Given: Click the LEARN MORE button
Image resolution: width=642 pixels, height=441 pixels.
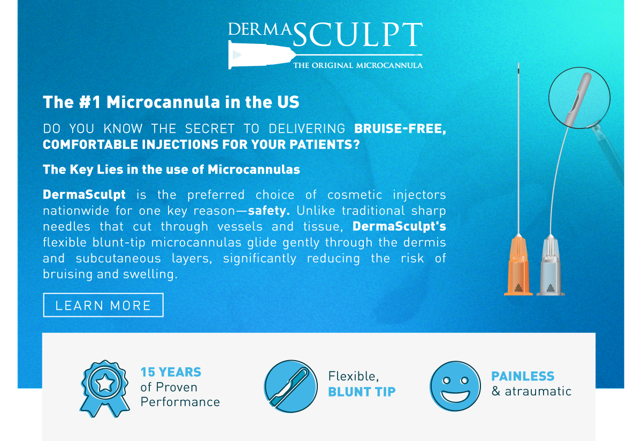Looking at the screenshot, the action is pos(103,305).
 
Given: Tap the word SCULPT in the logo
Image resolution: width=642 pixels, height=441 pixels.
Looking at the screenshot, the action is pos(358,35).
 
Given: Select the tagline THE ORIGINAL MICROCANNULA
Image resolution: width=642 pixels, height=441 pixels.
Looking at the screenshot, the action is pos(358,65).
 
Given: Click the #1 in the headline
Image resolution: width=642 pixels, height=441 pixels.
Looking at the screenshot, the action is pos(90,102).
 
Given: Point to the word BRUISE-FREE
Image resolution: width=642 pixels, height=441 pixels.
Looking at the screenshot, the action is pos(400,128).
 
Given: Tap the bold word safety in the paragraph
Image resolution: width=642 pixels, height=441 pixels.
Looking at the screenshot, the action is pos(269,211).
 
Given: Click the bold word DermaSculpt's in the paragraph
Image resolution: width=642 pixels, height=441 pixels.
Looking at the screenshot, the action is pos(399,226).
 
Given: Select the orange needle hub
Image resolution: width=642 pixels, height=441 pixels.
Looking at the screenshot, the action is pos(518,265).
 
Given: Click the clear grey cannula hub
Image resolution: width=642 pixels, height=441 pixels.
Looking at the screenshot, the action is pos(551,265).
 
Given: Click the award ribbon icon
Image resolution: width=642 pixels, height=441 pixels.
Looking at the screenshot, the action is pos(104,389).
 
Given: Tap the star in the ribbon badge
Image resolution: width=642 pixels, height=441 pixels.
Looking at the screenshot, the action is pos(105,383).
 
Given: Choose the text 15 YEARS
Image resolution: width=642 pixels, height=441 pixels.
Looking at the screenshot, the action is pos(171,372).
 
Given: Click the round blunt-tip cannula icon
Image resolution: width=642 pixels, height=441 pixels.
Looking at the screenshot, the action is pos(291,386).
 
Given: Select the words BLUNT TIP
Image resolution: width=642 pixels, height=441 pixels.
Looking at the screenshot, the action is pos(362,392).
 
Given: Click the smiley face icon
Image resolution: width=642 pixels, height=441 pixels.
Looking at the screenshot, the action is pos(455,386).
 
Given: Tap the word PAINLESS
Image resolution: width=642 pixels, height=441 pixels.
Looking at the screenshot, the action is pos(523,376).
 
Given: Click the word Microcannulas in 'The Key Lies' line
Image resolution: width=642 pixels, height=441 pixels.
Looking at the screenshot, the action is pos(254,170).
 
